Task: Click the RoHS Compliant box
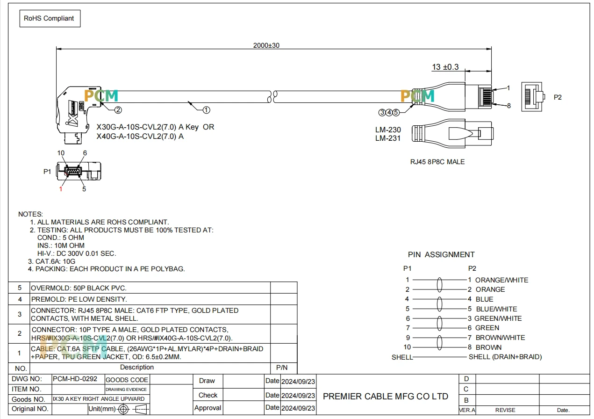click(x=50, y=18)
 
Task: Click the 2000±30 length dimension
click(x=266, y=45)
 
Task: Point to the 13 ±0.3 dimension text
click(x=445, y=67)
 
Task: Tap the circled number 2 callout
click(x=118, y=110)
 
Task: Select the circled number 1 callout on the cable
click(x=206, y=110)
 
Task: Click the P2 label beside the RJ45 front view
click(x=558, y=97)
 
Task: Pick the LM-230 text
click(x=388, y=130)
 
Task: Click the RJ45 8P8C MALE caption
click(x=437, y=162)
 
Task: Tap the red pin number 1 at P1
click(x=61, y=189)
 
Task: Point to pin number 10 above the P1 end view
click(x=61, y=153)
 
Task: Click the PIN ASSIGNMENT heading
click(x=441, y=254)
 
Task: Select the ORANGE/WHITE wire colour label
click(x=501, y=280)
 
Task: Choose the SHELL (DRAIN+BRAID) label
click(x=505, y=357)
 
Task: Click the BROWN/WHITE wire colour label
click(x=500, y=338)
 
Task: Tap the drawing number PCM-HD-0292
click(x=75, y=379)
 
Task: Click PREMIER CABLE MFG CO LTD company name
click(x=386, y=396)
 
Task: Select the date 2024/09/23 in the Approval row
click(x=298, y=408)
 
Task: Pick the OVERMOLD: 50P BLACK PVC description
click(x=79, y=288)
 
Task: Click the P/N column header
click(x=282, y=368)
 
